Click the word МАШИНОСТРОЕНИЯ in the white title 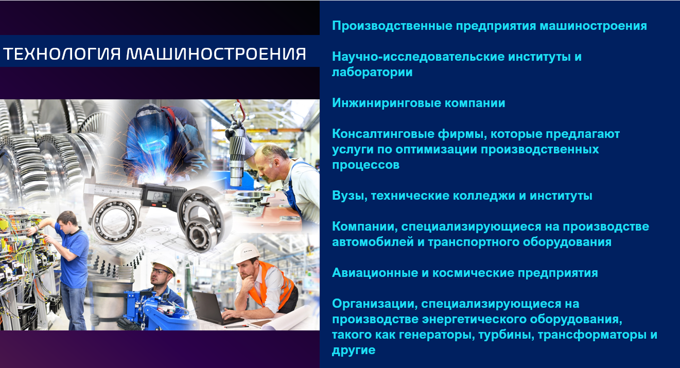pyautogui.click(x=216, y=54)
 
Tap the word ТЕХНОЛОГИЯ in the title pyautogui.click(x=62, y=54)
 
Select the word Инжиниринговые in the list pyautogui.click(x=386, y=103)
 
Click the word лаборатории pyautogui.click(x=372, y=72)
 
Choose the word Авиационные pyautogui.click(x=375, y=273)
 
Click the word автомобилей pyautogui.click(x=373, y=242)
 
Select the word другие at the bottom pyautogui.click(x=354, y=350)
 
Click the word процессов pyautogui.click(x=365, y=165)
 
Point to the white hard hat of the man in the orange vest pyautogui.click(x=246, y=253)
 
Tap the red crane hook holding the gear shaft pyautogui.click(x=238, y=111)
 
